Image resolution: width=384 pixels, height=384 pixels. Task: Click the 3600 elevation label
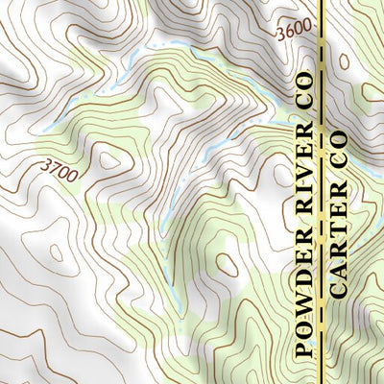click(293, 33)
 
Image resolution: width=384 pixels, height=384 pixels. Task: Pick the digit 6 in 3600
click(289, 34)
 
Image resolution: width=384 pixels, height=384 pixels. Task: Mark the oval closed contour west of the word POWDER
click(228, 264)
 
